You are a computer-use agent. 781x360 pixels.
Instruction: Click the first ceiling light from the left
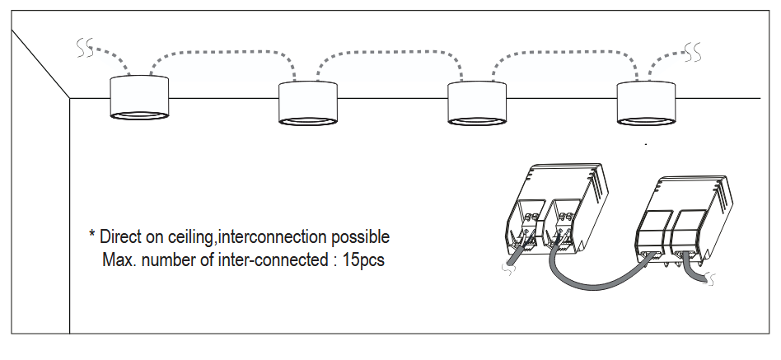point(139,99)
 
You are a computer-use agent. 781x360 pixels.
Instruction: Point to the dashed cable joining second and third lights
point(387,52)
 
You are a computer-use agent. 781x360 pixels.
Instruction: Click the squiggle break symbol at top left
point(84,50)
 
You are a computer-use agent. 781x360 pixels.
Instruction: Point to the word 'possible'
point(360,238)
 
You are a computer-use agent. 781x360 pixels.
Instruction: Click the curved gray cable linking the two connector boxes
point(601,283)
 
